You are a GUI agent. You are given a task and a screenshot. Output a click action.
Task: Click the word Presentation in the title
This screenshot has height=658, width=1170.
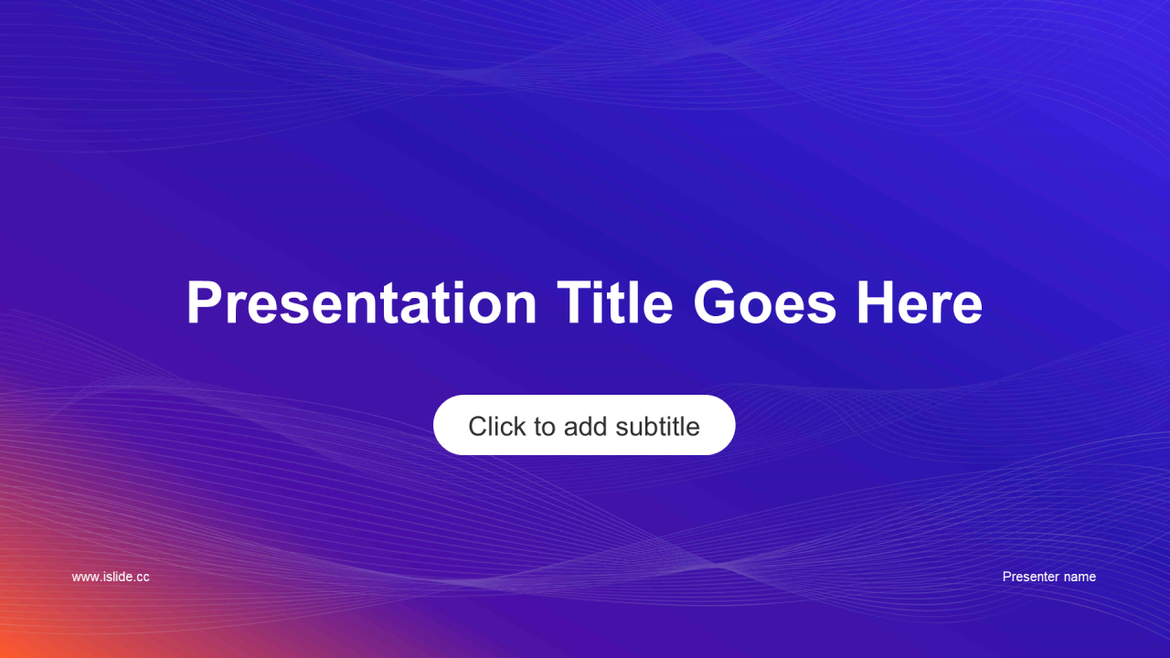coord(361,302)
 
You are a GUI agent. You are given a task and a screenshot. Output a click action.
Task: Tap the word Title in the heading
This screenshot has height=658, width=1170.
coord(615,302)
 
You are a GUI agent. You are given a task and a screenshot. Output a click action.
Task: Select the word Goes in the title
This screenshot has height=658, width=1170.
coord(765,302)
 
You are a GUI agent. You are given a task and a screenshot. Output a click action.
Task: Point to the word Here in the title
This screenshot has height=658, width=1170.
coord(920,302)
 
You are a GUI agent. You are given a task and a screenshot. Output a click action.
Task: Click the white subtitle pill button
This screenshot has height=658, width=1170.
coord(584,425)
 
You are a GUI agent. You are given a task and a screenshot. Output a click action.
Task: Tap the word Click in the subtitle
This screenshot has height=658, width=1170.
coord(496,426)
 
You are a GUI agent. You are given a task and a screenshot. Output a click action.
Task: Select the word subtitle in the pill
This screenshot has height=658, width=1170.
coord(657,426)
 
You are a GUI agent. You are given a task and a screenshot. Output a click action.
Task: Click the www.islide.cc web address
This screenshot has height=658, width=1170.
coord(111,577)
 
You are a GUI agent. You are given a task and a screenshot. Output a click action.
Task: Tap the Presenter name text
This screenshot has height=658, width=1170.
coord(1048,577)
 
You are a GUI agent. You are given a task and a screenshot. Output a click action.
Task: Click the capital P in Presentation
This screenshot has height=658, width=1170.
coord(204,302)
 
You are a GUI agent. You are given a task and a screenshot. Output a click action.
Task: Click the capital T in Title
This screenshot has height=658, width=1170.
coord(576,302)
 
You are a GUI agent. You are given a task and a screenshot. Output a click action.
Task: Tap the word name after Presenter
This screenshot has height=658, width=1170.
coord(1080,577)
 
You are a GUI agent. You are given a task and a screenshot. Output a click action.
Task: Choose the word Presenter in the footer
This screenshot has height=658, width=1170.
coord(1031,577)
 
